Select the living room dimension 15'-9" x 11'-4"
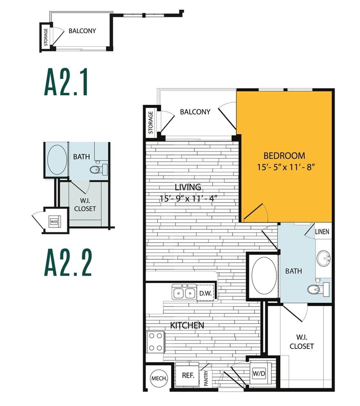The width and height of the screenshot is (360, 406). (x=188, y=198)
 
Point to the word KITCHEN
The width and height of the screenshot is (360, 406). (x=187, y=326)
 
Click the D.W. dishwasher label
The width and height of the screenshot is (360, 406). (x=205, y=292)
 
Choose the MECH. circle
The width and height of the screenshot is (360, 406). (x=159, y=378)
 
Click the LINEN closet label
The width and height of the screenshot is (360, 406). (x=322, y=232)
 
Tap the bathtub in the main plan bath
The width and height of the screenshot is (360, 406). (x=264, y=276)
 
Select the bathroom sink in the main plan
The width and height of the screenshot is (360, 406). (x=323, y=259)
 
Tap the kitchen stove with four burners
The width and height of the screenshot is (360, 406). (x=155, y=342)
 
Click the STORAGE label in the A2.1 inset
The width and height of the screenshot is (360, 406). (x=45, y=37)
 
